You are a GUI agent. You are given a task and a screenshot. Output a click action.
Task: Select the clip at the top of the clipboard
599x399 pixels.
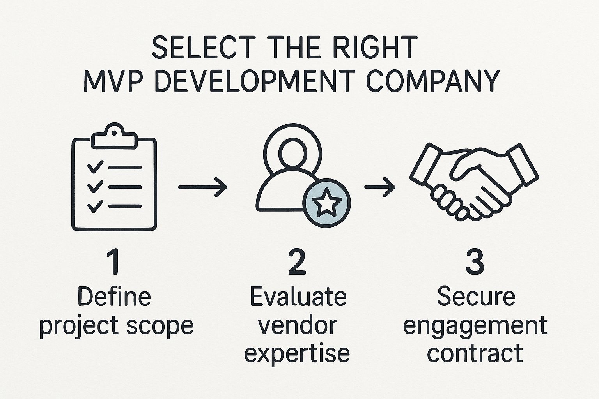(114, 136)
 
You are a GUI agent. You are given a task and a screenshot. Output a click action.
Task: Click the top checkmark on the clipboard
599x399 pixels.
(95, 167)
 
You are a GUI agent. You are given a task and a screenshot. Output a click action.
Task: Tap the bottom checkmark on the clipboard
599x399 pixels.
(95, 206)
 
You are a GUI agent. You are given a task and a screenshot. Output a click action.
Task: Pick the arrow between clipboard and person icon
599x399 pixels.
(202, 187)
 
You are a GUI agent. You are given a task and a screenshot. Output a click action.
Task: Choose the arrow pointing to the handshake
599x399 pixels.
(380, 187)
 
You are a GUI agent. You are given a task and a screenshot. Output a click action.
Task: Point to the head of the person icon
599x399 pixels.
(292, 153)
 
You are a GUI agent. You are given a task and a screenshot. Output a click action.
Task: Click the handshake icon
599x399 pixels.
(474, 182)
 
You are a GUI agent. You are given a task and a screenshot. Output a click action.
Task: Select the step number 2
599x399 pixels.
(297, 261)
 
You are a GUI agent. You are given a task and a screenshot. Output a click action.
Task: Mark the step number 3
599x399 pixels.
(475, 261)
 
